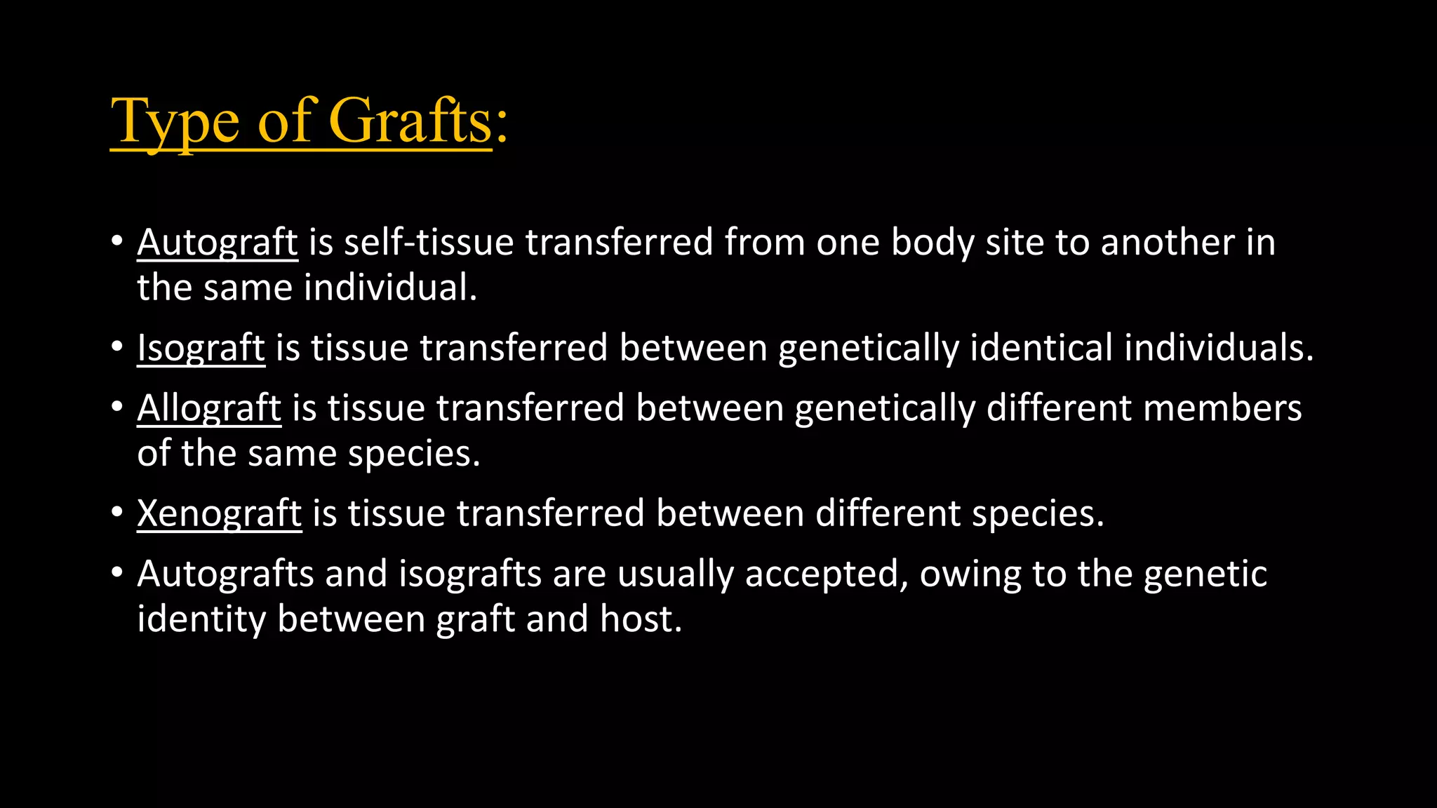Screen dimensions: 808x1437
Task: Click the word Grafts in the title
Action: click(410, 121)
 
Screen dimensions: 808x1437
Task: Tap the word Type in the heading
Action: click(175, 122)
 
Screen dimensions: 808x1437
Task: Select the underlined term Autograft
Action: click(218, 243)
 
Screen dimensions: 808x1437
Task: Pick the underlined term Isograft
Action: click(201, 349)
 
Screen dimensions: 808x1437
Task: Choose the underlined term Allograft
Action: click(209, 408)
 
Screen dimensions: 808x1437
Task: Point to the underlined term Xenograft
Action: click(219, 514)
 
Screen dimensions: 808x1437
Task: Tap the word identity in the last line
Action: click(201, 620)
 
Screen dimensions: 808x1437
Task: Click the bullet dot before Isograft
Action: click(117, 347)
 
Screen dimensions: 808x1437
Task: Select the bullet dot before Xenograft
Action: click(117, 513)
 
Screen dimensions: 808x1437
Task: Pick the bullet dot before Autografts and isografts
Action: click(117, 573)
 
